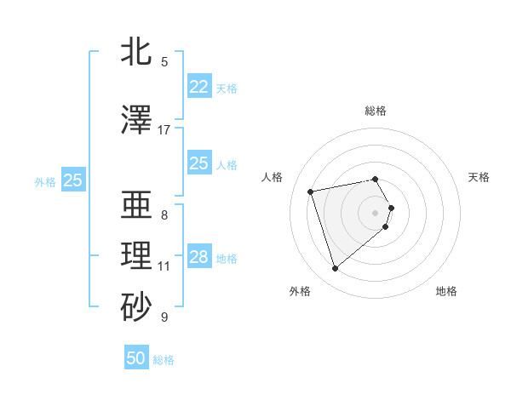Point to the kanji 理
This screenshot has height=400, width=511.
136,256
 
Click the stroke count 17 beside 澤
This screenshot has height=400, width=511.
164,130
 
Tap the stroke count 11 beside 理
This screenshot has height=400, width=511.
164,266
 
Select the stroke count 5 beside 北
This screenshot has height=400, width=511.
164,62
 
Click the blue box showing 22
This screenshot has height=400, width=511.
198,87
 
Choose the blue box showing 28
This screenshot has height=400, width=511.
198,257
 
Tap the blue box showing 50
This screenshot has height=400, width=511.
136,358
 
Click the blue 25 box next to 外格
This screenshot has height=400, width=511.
73,180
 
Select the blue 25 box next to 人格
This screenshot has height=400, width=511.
198,163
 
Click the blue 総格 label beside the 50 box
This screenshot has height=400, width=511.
164,360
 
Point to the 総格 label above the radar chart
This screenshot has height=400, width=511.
375,111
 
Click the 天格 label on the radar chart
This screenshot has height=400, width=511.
479,177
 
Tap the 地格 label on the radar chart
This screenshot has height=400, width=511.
446,291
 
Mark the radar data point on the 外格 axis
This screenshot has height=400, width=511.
335,269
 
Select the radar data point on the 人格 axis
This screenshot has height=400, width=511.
311,191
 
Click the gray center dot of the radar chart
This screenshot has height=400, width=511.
375,211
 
